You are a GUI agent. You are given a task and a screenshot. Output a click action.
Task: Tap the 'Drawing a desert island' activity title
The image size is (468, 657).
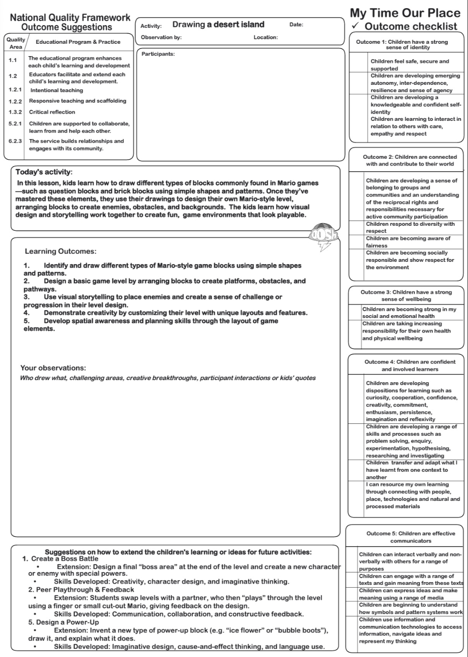[218, 25]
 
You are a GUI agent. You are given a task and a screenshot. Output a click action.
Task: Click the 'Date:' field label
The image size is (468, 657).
[296, 25]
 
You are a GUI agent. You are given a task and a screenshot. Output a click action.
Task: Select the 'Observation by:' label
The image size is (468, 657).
[161, 37]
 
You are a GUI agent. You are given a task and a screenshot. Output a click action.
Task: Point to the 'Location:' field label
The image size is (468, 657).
[265, 37]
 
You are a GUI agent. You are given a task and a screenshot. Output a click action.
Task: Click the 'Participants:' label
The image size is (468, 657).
[158, 54]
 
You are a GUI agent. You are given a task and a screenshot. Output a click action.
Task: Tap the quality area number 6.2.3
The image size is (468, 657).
[15, 141]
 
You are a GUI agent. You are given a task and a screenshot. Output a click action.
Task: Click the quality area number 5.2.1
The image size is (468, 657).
[15, 124]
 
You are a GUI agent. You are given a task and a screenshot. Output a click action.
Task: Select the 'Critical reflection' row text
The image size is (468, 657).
[52, 112]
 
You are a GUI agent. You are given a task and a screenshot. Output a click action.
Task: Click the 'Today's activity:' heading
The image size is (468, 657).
[44, 172]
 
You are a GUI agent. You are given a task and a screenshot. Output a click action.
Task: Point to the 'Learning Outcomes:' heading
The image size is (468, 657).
[61, 251]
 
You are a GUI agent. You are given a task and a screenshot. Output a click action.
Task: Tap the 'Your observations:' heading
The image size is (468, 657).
[53, 368]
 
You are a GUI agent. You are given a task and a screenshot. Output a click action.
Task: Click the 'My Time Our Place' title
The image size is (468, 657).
[405, 13]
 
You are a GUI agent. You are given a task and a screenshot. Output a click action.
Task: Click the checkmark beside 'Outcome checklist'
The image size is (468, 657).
[356, 26]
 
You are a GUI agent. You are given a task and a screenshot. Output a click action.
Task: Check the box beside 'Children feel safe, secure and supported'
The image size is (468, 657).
[359, 65]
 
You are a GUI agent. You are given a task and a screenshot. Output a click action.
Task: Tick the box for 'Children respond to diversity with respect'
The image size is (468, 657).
[357, 228]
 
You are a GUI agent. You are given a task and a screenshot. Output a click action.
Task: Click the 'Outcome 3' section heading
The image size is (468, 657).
[406, 296]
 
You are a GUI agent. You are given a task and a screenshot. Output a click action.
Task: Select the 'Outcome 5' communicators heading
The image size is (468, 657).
[411, 537]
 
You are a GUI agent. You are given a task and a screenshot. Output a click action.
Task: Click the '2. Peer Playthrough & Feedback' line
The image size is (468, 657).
[81, 590]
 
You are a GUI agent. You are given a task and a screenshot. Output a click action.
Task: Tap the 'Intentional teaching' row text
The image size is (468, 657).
[57, 90]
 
